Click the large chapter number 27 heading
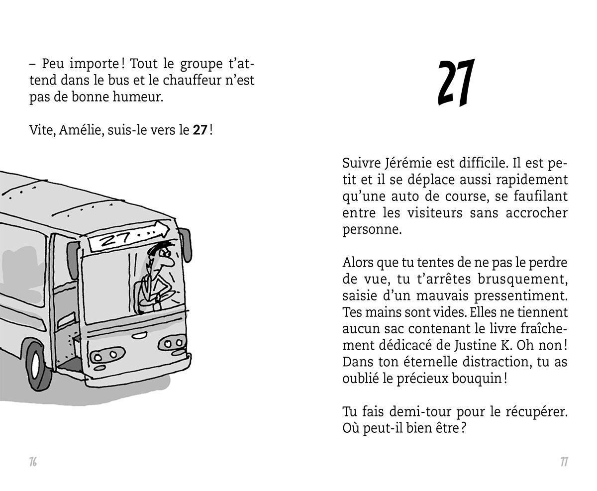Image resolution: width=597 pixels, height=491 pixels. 455,83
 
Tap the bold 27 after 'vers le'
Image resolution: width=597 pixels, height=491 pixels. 200,130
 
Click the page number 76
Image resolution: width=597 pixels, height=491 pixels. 33,462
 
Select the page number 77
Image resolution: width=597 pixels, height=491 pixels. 564,462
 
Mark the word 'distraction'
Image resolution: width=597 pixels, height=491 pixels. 496,362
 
